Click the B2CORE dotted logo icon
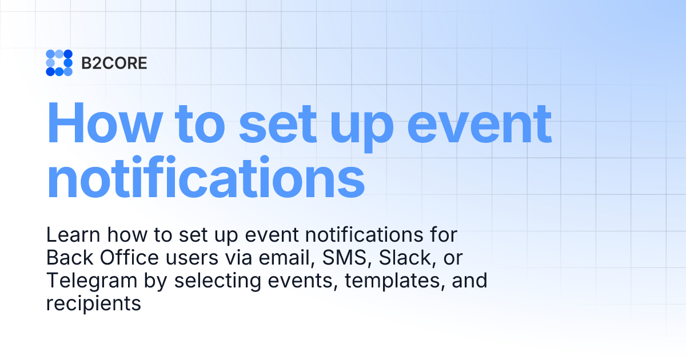[x=59, y=63]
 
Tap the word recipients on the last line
[x=93, y=304]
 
